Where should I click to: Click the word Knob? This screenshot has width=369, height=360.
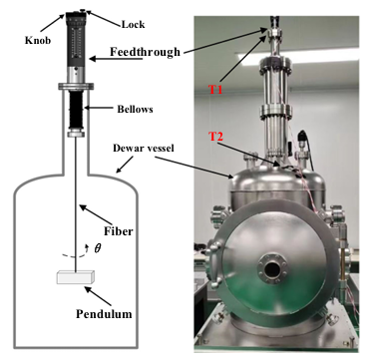click(38, 40)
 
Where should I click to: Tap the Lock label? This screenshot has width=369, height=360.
click(133, 24)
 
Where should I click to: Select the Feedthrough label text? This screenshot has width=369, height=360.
click(145, 52)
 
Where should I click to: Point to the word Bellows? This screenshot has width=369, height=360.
click(135, 109)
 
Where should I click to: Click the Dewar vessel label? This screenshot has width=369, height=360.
click(144, 149)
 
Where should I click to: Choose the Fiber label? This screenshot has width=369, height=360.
click(118, 230)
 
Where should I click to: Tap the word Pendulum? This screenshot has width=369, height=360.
click(104, 313)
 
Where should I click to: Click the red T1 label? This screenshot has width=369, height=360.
click(215, 90)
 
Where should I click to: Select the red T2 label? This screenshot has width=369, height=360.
click(215, 137)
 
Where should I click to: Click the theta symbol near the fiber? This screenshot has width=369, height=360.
click(97, 248)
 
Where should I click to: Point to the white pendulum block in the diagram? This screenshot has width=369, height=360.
click(76, 277)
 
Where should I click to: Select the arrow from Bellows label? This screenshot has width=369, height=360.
click(99, 108)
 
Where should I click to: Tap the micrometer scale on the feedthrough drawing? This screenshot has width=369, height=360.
click(77, 41)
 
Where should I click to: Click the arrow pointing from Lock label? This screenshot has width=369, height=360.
click(102, 17)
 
